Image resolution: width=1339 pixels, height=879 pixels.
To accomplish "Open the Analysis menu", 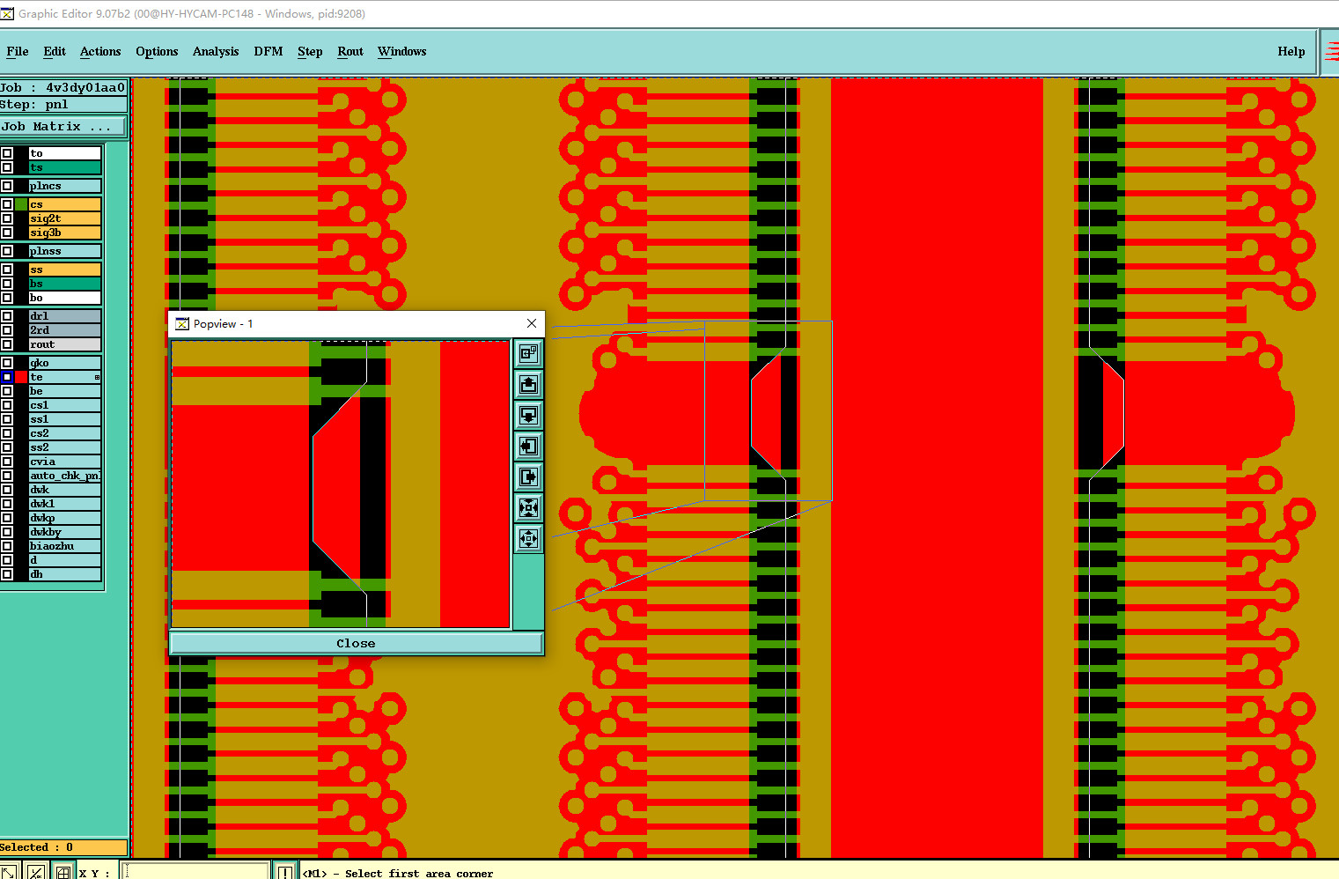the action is point(215,51).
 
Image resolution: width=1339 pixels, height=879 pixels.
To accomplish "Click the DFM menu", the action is point(268,51).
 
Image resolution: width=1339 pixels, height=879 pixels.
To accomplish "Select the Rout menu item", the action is point(349,51).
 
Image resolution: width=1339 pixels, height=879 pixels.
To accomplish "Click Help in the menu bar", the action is point(1291,51).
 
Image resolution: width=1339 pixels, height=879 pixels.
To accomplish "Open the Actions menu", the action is point(100,51).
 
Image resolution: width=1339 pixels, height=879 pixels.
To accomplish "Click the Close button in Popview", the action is point(357,644).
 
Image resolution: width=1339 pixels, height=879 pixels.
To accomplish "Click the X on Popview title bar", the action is point(532,323).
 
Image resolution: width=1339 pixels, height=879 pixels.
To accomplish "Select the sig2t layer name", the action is point(64,218).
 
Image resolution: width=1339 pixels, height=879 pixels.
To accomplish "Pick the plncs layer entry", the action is point(64,186).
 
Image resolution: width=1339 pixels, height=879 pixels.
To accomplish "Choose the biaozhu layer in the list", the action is point(64,546).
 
